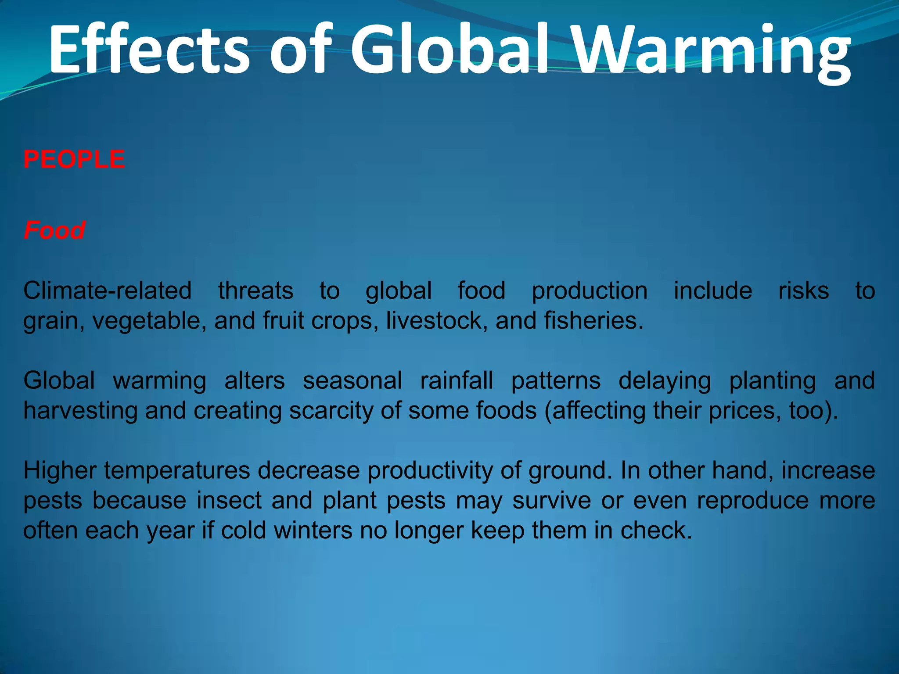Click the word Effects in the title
149,49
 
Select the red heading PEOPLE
74,159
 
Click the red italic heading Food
54,230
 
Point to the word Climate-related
108,290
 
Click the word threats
256,290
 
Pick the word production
590,290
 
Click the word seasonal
352,380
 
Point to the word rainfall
457,380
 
